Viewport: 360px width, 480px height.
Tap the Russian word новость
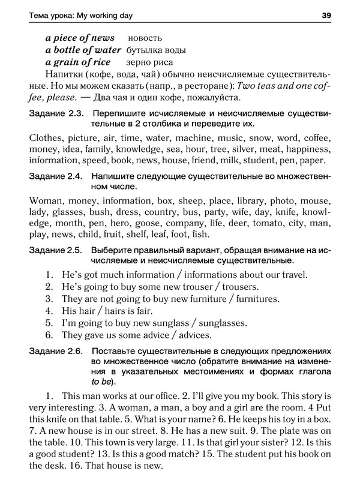pyautogui.click(x=145, y=38)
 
